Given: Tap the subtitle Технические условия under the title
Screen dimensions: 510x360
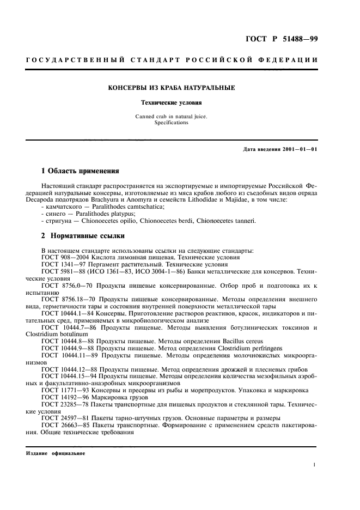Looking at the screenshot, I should [x=172, y=102].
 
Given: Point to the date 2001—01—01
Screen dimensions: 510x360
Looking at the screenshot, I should [x=298, y=149].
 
